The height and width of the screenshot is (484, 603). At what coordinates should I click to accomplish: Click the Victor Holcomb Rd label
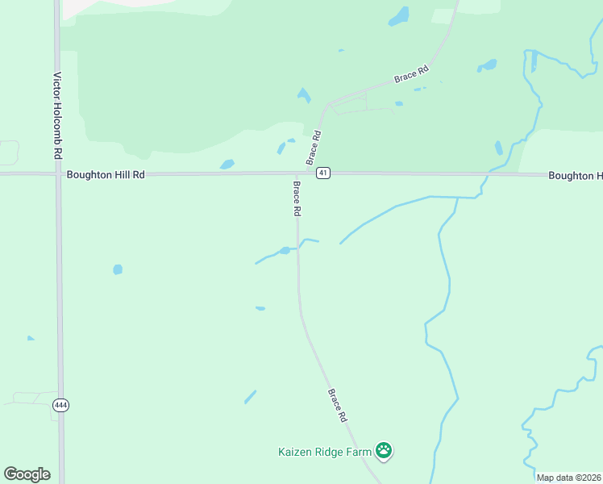(57, 115)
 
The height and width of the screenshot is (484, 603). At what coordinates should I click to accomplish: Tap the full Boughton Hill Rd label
(106, 174)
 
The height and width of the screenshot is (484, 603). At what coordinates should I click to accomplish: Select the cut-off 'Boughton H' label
(575, 176)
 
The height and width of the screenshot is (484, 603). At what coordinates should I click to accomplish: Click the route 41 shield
(322, 173)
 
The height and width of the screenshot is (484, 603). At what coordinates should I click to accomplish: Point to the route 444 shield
(60, 404)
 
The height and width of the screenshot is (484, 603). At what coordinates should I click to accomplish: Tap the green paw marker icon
(384, 451)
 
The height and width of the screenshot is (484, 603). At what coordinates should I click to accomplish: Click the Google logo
(27, 474)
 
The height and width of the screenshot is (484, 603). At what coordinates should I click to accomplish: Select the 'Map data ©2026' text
(568, 478)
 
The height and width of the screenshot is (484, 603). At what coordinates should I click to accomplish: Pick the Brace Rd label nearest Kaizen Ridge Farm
(337, 406)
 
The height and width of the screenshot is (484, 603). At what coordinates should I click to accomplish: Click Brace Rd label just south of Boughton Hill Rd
(297, 198)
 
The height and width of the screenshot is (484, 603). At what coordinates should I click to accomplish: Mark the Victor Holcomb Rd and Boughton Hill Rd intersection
(58, 173)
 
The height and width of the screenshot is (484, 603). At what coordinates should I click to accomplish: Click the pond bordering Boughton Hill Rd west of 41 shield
(227, 165)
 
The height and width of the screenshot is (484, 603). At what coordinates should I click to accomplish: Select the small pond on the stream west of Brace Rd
(285, 250)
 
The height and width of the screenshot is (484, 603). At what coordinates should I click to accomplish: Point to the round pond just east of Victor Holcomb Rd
(118, 269)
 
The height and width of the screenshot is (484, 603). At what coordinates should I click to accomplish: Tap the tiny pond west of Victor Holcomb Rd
(31, 338)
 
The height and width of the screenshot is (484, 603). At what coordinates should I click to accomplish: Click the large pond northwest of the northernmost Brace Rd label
(398, 16)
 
